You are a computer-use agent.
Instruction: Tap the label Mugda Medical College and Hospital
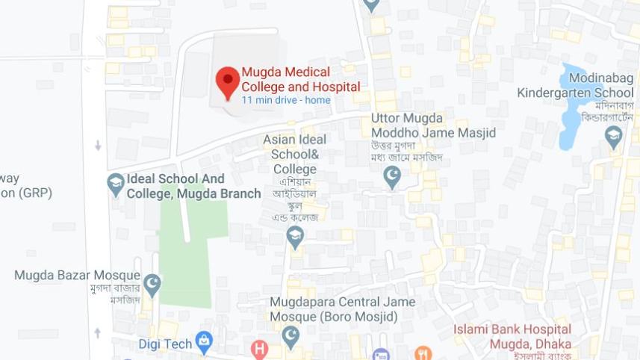tap(300, 79)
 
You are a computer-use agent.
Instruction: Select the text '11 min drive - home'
tap(285, 100)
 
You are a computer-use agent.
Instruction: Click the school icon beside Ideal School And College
tap(116, 184)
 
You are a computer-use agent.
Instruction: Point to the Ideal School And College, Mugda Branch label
tap(193, 187)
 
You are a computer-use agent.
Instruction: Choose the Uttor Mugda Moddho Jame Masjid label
tap(433, 125)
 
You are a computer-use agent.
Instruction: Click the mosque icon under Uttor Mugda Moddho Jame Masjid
tap(392, 177)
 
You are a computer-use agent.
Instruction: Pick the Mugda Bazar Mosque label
tap(77, 275)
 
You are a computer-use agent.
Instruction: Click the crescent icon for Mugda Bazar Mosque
tap(152, 283)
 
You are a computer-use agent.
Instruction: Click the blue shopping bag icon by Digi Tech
tap(204, 342)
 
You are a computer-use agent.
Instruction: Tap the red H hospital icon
tap(259, 349)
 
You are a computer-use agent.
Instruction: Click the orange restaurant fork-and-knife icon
tap(423, 353)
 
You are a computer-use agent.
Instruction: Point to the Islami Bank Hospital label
tap(512, 336)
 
